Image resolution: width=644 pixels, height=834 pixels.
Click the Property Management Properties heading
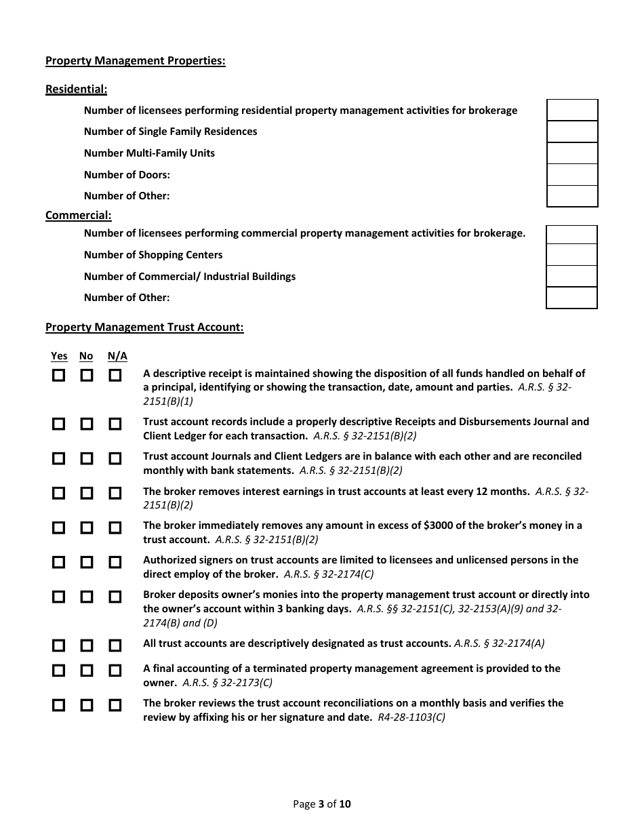[135, 61]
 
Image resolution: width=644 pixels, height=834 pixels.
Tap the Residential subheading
[76, 89]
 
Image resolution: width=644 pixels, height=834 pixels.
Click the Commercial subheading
[78, 216]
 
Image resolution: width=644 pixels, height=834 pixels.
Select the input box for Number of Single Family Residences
[572, 132]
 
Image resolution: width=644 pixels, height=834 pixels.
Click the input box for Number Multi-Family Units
[572, 153]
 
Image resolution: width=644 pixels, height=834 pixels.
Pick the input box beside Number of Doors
[572, 175]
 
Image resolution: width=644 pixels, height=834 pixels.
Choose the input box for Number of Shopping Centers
[571, 255]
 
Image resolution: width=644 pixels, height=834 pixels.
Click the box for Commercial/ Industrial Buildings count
[571, 277]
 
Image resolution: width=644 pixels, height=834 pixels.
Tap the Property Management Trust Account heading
[144, 327]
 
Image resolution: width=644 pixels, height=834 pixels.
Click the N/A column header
[117, 356]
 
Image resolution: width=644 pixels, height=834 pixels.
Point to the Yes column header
[59, 356]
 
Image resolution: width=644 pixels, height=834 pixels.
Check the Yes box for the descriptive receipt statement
[59, 375]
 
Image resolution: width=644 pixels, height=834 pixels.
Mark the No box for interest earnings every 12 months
[87, 493]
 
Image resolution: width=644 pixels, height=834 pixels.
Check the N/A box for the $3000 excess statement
[115, 528]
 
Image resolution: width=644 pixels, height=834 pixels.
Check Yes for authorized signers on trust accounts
[59, 562]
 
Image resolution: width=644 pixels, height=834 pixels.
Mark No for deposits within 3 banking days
[87, 597]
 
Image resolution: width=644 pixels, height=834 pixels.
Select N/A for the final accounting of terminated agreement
[115, 671]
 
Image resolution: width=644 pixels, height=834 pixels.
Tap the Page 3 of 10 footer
[322, 805]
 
